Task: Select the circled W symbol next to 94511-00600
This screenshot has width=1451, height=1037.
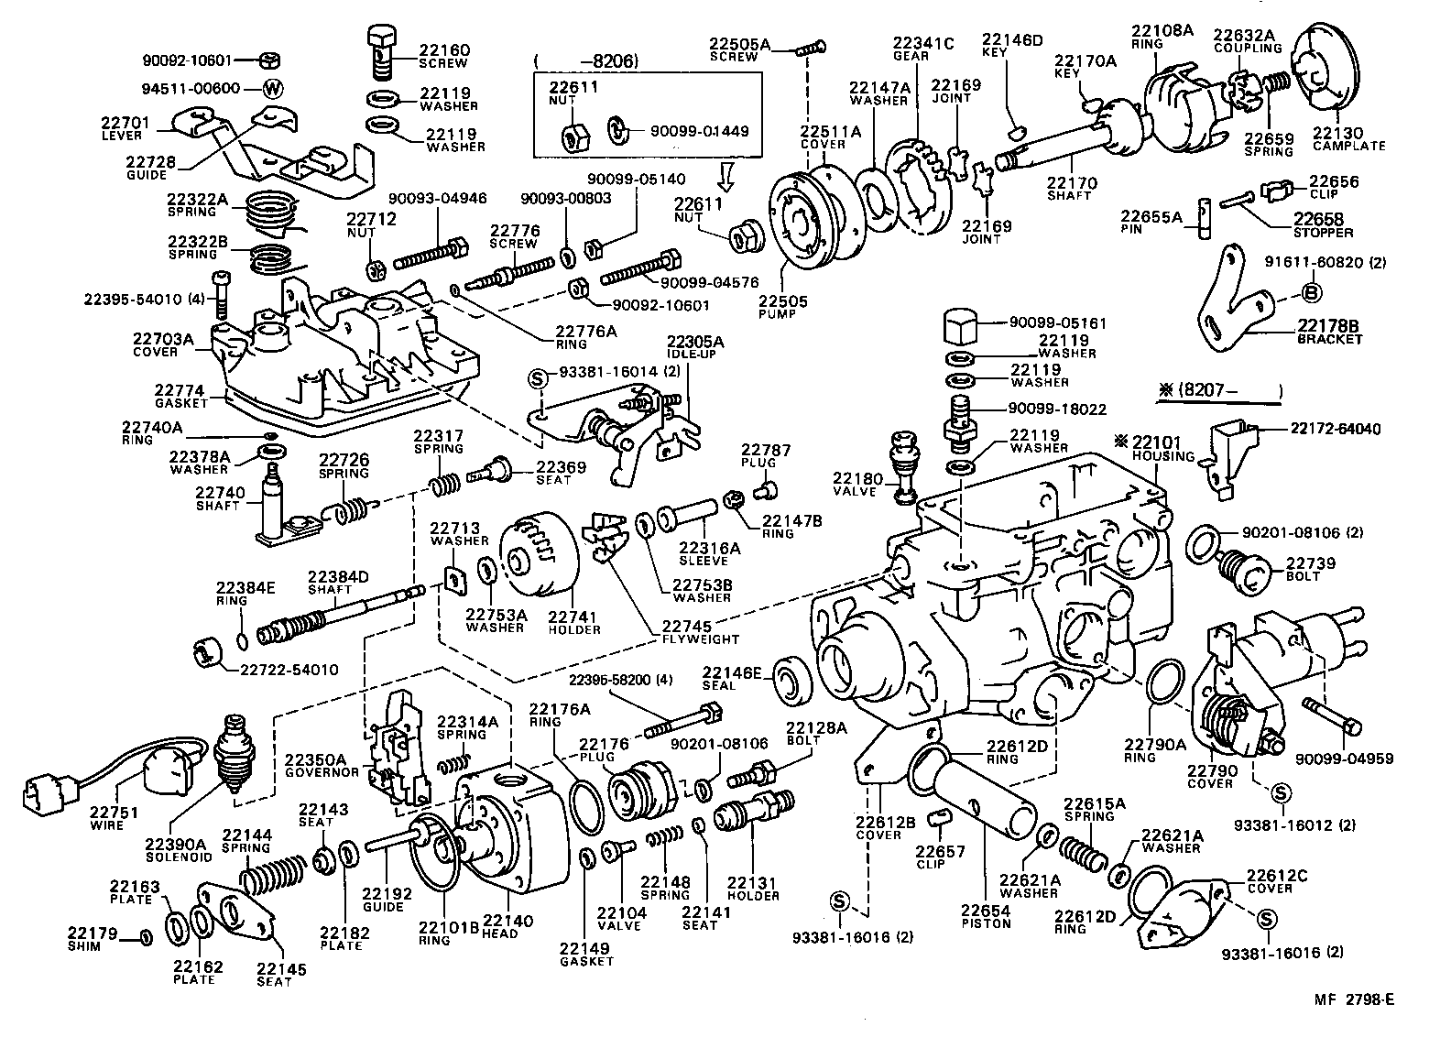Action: [x=272, y=89]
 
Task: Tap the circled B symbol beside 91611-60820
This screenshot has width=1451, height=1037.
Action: [x=1310, y=293]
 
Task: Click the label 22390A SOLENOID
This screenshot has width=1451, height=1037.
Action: [x=180, y=849]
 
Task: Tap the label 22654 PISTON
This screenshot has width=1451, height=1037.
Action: [x=986, y=916]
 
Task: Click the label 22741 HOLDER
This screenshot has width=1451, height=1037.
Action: [x=574, y=623]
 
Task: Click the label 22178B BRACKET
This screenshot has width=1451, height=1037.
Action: [x=1329, y=332]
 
